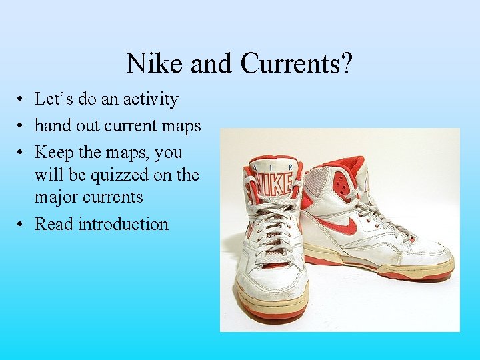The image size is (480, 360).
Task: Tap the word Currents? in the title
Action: click(x=297, y=63)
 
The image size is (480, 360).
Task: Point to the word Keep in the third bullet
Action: click(x=54, y=152)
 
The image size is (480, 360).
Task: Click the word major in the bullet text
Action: click(x=57, y=197)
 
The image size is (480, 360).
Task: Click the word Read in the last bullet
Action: click(x=54, y=224)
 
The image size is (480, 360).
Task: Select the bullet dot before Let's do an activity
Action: click(x=22, y=100)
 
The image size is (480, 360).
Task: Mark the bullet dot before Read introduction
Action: click(x=22, y=225)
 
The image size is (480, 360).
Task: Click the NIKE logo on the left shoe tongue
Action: click(x=274, y=182)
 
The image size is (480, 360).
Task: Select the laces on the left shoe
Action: click(x=273, y=227)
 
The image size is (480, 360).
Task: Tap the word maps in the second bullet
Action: click(x=181, y=125)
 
